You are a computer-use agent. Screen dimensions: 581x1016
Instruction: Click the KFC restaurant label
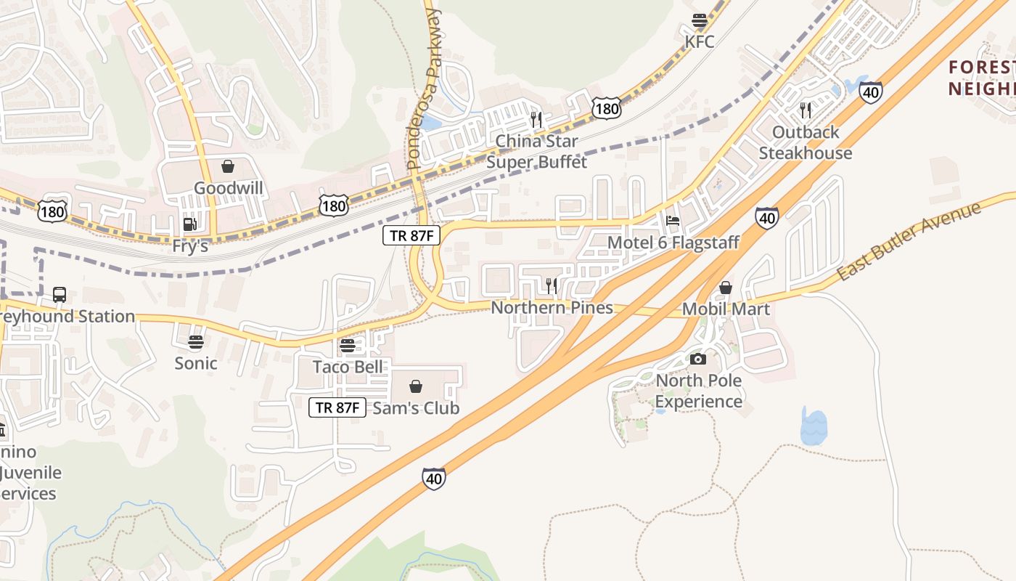(700, 41)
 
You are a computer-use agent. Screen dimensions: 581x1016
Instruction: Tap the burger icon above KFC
(700, 20)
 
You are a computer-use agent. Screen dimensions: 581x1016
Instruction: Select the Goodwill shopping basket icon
(228, 167)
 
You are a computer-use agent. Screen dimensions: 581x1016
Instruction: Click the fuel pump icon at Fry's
(189, 224)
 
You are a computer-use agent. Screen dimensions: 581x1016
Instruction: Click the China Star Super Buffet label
(537, 151)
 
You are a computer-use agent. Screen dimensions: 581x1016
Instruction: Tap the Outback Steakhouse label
(806, 142)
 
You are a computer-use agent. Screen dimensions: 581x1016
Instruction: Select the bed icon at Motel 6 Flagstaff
(673, 221)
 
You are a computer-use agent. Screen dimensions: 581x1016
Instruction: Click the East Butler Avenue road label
(909, 242)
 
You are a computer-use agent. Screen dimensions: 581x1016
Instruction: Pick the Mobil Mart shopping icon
(725, 288)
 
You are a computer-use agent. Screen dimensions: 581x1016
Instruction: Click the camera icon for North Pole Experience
(698, 359)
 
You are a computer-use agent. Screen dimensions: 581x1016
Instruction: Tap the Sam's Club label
(416, 408)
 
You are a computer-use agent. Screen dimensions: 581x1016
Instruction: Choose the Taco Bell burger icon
(348, 346)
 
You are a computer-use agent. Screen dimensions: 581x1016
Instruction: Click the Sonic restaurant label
(196, 363)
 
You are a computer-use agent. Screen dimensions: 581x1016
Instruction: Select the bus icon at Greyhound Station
(60, 295)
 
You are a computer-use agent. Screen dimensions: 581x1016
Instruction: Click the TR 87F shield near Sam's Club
(337, 407)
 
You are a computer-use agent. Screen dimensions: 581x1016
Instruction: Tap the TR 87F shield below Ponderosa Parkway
(411, 235)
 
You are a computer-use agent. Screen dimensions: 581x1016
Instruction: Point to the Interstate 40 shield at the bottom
(433, 479)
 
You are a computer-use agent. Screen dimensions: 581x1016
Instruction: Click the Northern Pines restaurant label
(552, 308)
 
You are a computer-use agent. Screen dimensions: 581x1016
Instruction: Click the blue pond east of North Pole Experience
(814, 427)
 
